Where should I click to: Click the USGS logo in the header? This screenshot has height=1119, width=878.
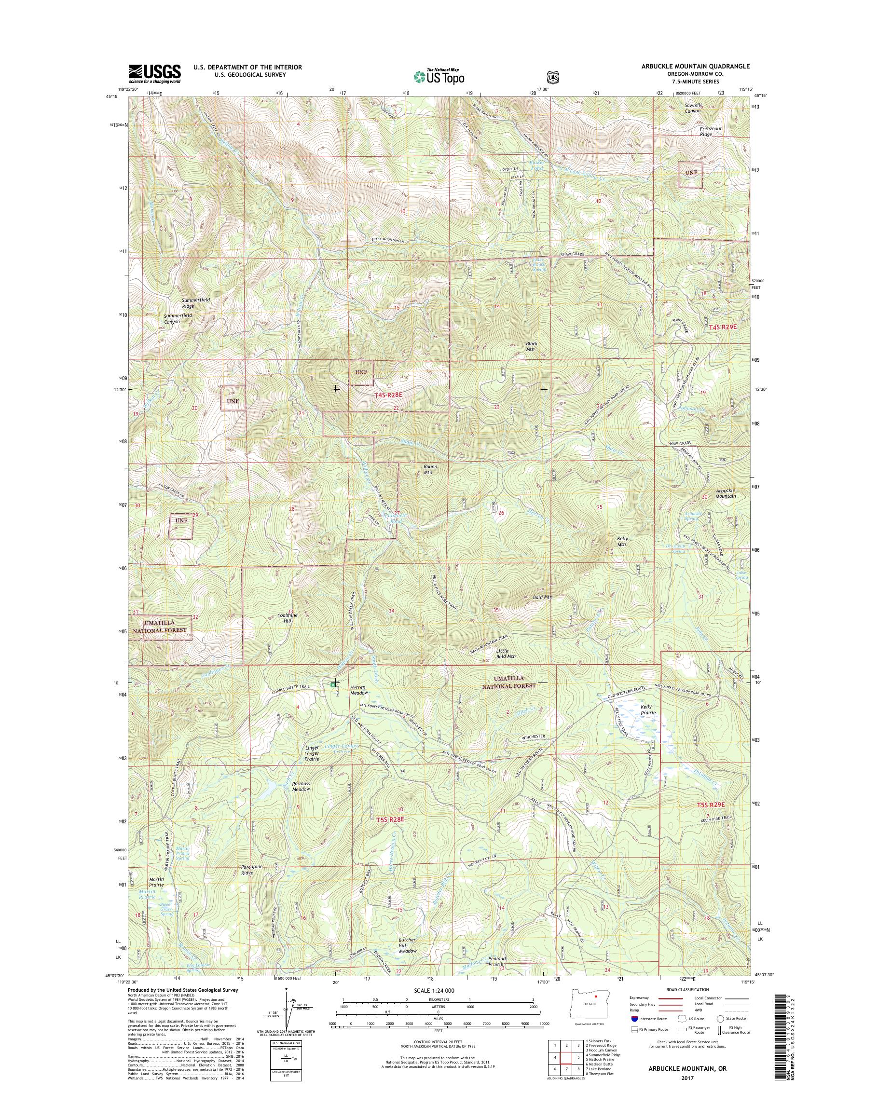coord(155,73)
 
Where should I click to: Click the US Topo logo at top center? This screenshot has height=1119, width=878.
coord(439,76)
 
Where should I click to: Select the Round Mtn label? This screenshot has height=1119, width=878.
coord(430,469)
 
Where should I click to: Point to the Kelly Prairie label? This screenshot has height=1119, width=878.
coord(649,710)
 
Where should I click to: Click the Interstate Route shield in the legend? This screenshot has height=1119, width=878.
coord(634,1018)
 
